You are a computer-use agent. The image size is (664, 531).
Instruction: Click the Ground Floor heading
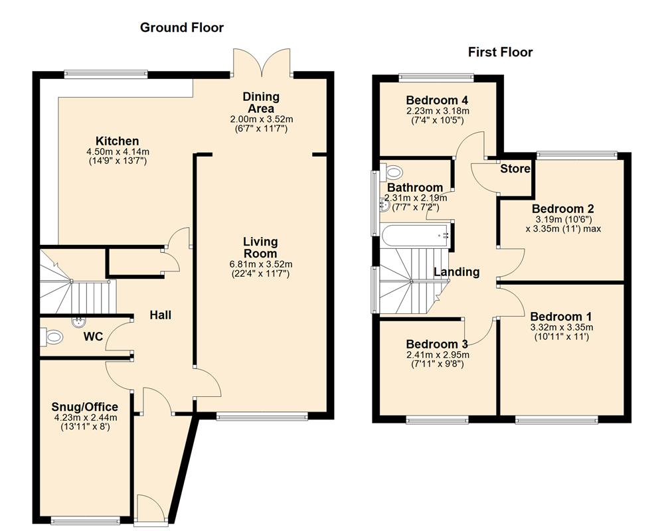pos(181,27)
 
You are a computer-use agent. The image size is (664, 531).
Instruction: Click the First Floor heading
pos(501,52)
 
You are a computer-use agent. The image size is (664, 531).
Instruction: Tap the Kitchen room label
pos(118,141)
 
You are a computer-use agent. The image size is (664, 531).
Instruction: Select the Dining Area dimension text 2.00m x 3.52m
pos(262,119)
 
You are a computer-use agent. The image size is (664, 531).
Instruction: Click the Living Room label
pos(260,248)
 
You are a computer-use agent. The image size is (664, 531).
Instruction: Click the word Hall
pos(160,315)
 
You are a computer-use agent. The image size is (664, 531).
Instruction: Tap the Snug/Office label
pos(85,407)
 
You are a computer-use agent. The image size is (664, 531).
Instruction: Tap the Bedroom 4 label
pos(438,100)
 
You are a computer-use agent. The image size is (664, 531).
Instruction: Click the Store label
pos(515,169)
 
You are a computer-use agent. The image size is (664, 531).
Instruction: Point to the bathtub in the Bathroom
pos(413,233)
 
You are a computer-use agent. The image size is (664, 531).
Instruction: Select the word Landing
pos(456,271)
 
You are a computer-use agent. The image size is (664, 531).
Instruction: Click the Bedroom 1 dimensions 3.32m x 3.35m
pos(561,327)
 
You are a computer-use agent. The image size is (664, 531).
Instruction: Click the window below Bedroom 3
pos(438,419)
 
